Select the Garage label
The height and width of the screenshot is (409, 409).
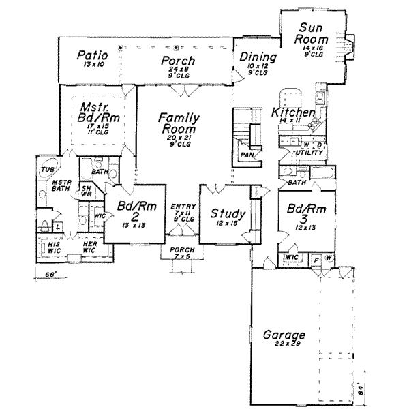pos(283,335)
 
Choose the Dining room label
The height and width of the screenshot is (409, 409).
pos(258,57)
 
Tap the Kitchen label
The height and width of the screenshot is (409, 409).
pos(292,112)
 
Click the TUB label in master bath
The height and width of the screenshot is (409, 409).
pos(46,170)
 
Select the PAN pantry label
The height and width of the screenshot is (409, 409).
pos(247,155)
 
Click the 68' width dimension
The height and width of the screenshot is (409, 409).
pos(42,275)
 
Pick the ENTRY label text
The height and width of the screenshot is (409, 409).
pos(185,206)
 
